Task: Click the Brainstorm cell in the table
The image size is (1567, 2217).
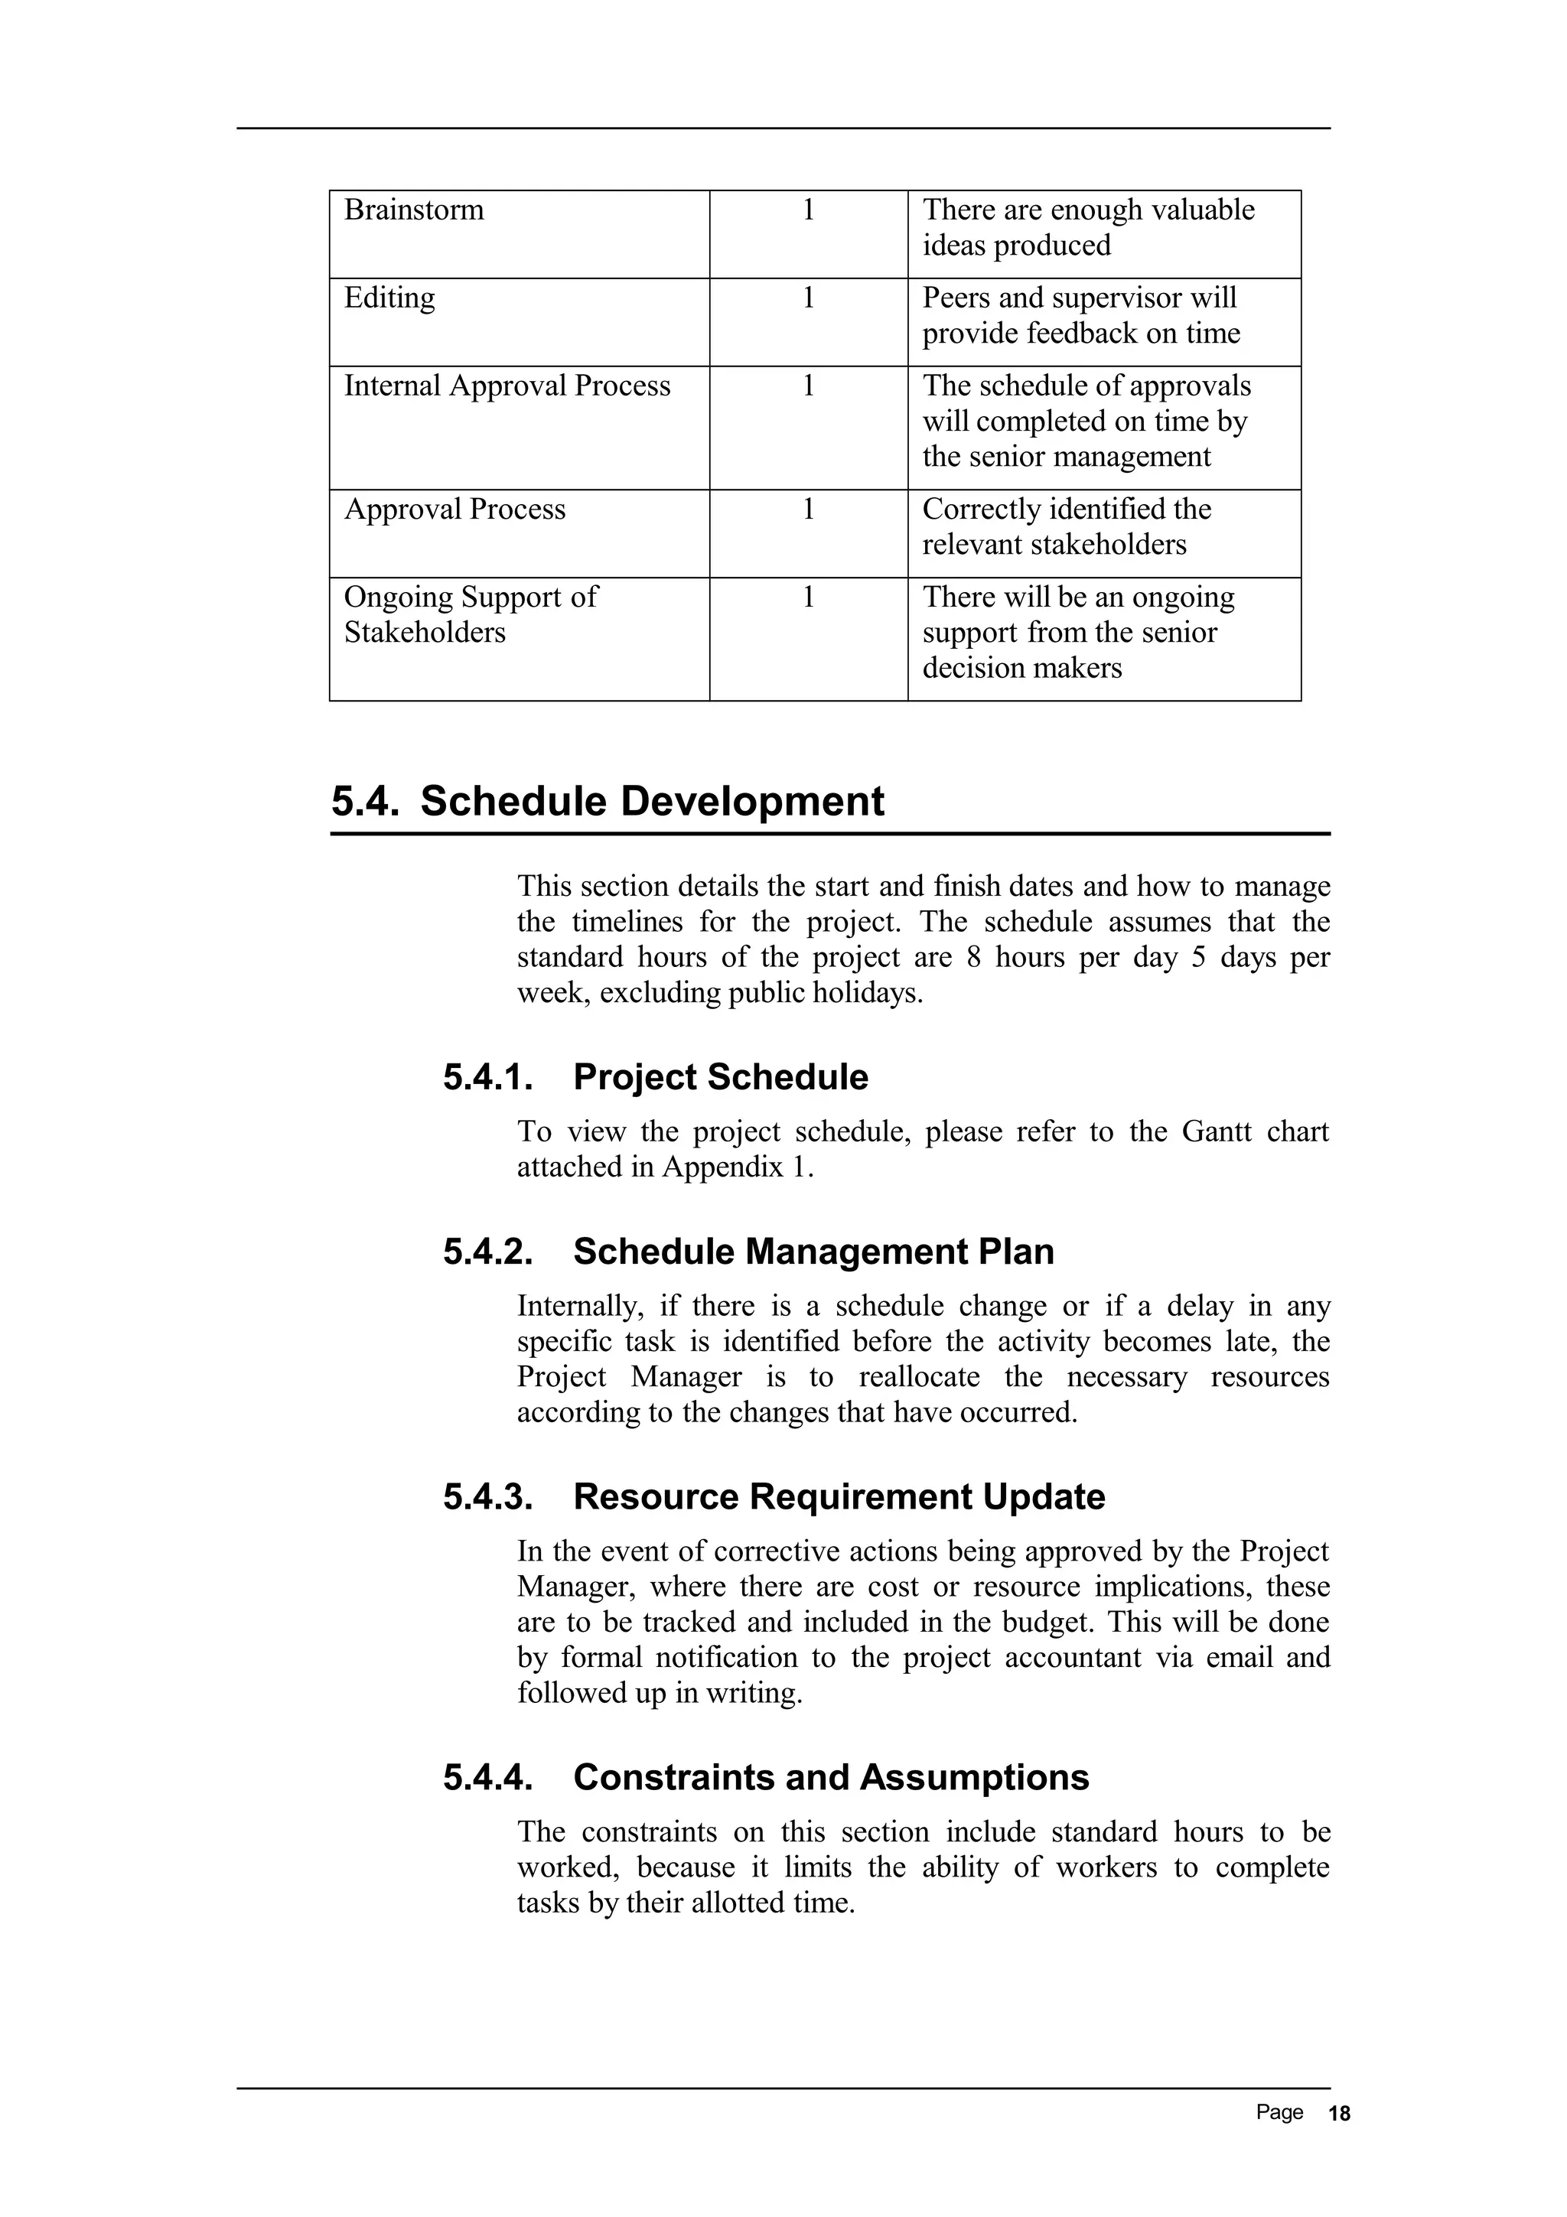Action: (413, 210)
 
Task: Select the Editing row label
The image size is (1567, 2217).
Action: (389, 298)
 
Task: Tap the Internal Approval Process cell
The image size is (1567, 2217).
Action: (507, 386)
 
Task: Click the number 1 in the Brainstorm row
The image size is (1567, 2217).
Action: (808, 210)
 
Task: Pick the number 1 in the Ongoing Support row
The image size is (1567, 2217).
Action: (808, 597)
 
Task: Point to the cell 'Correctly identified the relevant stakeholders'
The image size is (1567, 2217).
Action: (1066, 526)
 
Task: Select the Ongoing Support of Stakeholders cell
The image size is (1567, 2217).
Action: (471, 614)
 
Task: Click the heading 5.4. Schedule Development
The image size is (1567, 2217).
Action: (608, 802)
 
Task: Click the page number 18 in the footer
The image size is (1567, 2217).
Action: (1339, 2114)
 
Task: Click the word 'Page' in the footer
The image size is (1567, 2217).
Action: (1279, 2113)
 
